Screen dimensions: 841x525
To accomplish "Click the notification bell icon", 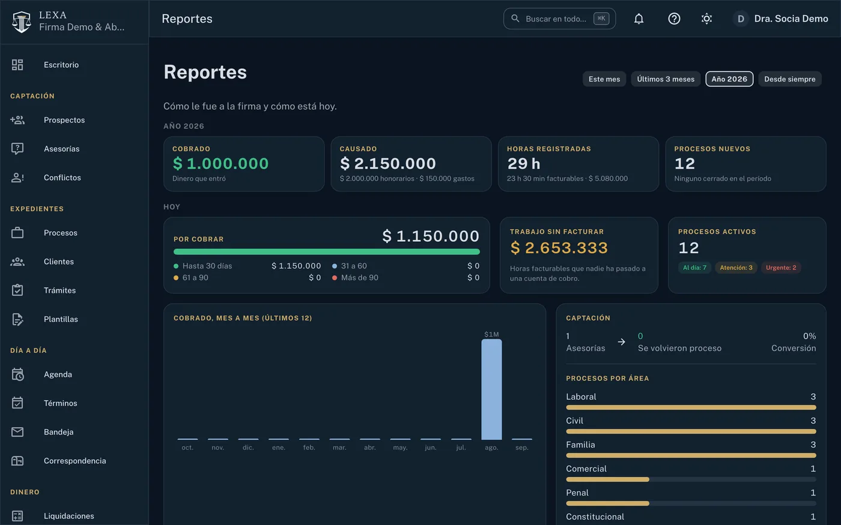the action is tap(639, 19).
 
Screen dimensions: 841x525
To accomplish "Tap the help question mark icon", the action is tap(674, 19).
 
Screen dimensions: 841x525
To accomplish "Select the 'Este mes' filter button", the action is tap(604, 79).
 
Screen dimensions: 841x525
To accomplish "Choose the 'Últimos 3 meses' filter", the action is tap(666, 79).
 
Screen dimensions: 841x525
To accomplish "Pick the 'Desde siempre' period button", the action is tap(789, 79).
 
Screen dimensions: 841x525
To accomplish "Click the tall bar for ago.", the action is tap(491, 389).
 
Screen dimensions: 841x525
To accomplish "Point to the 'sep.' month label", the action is tap(521, 448).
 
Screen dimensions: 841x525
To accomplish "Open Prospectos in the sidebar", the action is tap(64, 120).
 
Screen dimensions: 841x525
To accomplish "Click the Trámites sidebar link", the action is tap(59, 290).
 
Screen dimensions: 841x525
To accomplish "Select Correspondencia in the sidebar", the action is tap(74, 461).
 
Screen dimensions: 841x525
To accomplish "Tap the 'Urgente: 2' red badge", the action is tap(781, 268).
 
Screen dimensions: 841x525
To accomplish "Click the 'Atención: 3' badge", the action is tap(736, 268).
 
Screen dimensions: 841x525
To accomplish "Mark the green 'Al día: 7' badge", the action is tap(694, 268).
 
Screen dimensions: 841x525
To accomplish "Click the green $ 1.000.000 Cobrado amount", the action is tap(220, 163).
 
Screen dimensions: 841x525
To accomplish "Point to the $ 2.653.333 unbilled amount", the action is tap(559, 247).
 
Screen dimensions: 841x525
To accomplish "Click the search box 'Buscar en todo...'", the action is tap(559, 19).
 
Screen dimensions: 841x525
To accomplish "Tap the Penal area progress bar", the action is tap(691, 503).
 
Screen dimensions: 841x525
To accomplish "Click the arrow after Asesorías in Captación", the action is tap(621, 341).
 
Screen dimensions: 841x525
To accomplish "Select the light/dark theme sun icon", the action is tap(706, 19).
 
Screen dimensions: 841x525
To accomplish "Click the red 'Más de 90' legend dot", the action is tap(334, 278).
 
